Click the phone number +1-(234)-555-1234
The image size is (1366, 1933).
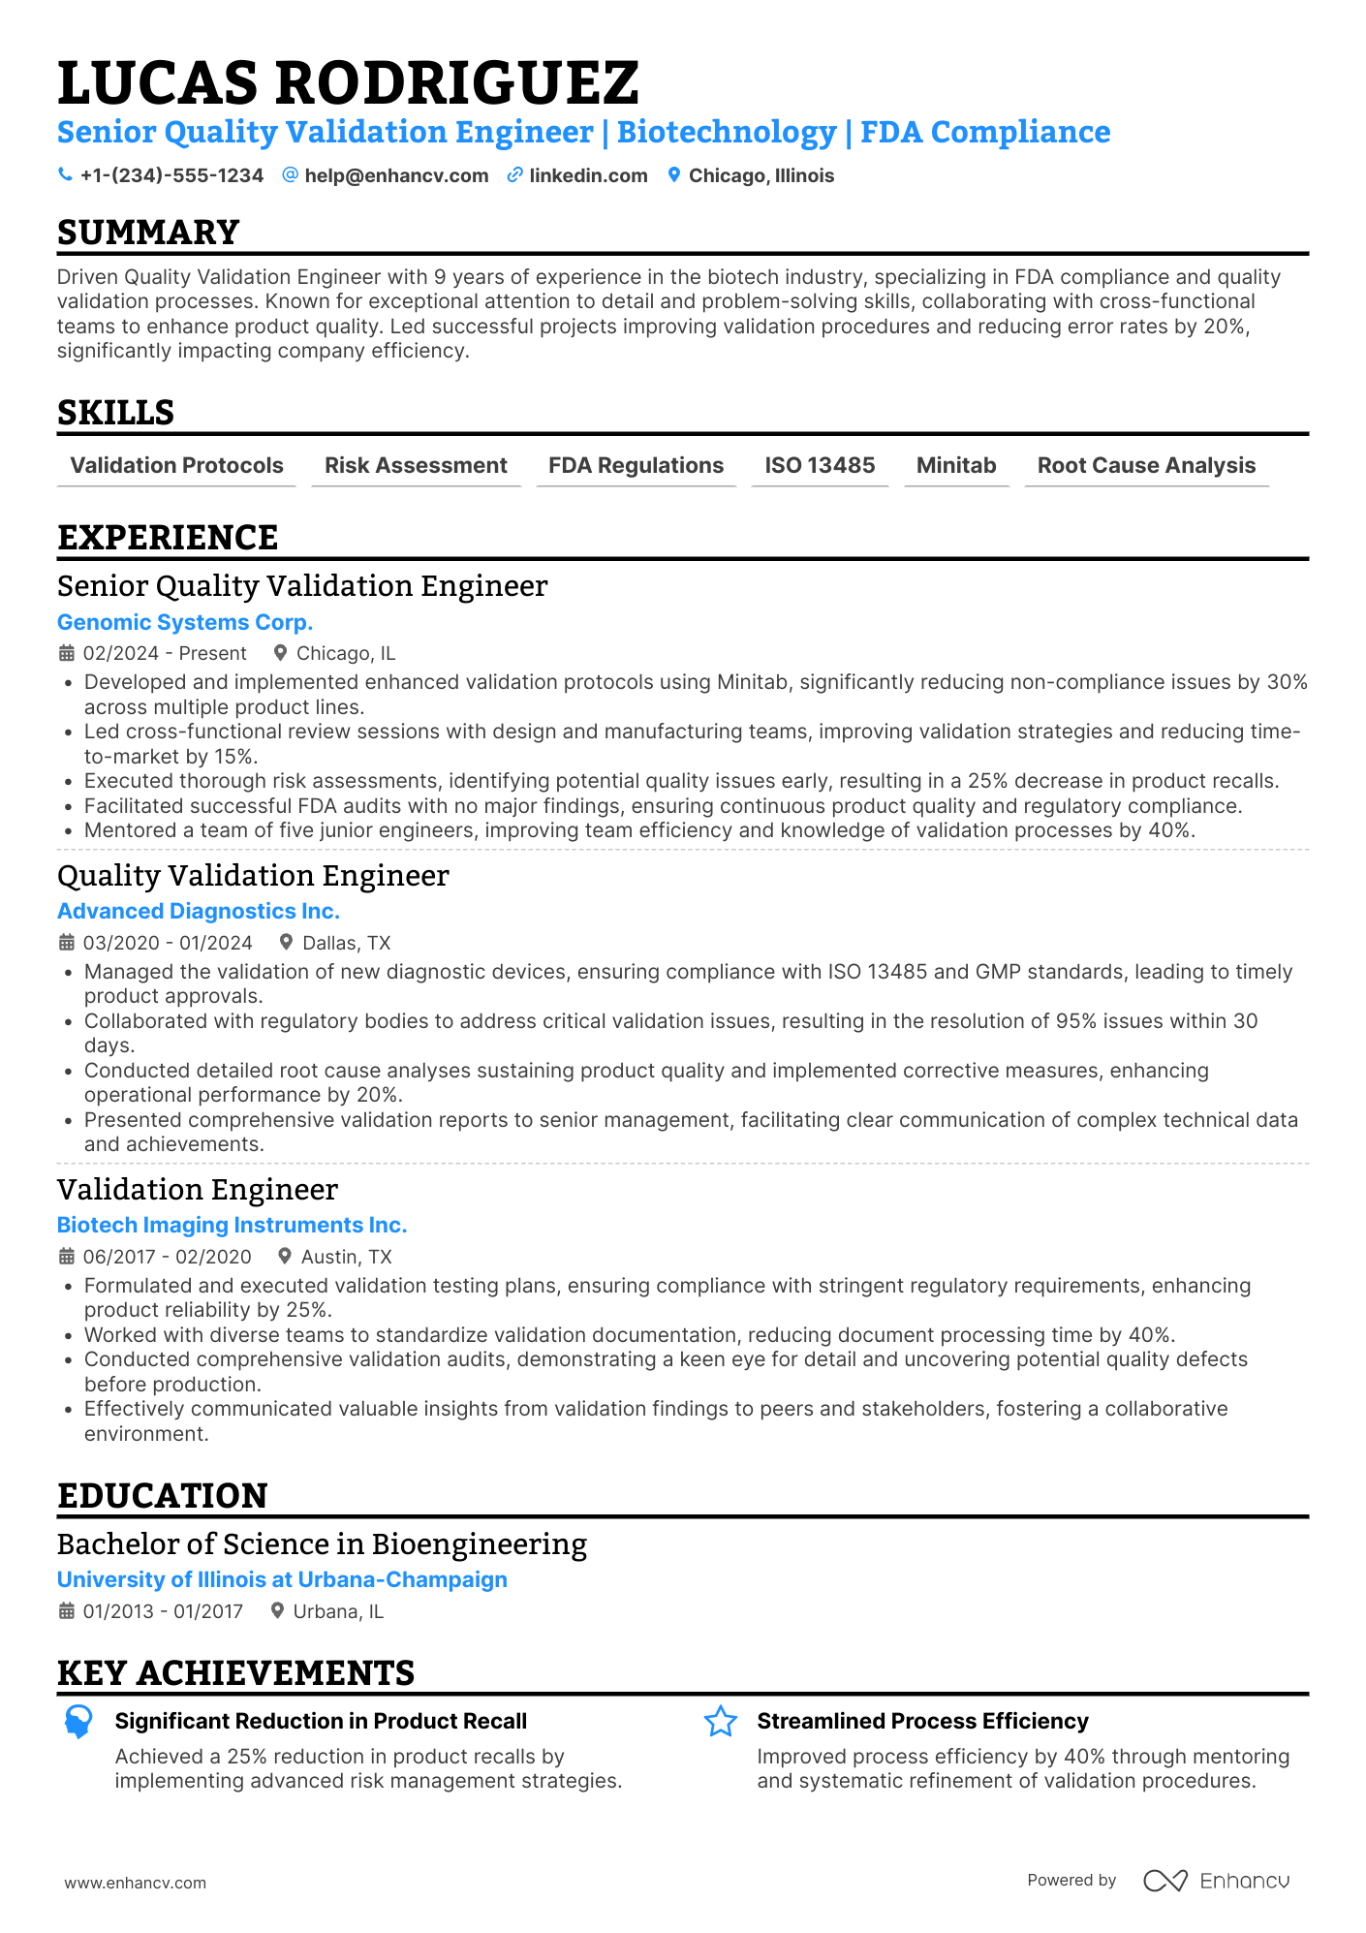(x=171, y=175)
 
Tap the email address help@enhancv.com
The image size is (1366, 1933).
(x=396, y=175)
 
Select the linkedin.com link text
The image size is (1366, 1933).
(x=588, y=175)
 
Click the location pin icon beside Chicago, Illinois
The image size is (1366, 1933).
(x=674, y=175)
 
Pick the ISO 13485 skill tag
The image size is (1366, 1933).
(x=820, y=466)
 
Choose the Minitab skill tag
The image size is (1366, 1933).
(x=956, y=466)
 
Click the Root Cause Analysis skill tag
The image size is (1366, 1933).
(x=1146, y=466)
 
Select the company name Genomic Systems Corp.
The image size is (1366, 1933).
(x=185, y=622)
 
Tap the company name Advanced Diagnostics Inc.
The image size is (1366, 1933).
(x=199, y=911)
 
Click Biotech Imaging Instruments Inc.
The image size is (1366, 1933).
(x=232, y=1225)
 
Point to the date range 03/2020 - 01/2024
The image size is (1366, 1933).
(x=168, y=943)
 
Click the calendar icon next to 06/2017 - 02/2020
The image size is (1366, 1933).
(x=67, y=1257)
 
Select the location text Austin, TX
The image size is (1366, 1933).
(x=346, y=1257)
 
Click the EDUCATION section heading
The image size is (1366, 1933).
(x=163, y=1495)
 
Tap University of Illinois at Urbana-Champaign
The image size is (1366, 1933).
(x=282, y=1579)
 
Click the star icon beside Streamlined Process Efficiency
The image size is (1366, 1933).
(x=721, y=1722)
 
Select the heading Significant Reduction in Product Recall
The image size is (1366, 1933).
(x=321, y=1721)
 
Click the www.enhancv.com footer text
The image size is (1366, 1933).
(x=136, y=1883)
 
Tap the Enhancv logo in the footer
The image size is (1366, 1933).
(x=1217, y=1881)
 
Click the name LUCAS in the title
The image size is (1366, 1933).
(x=159, y=82)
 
